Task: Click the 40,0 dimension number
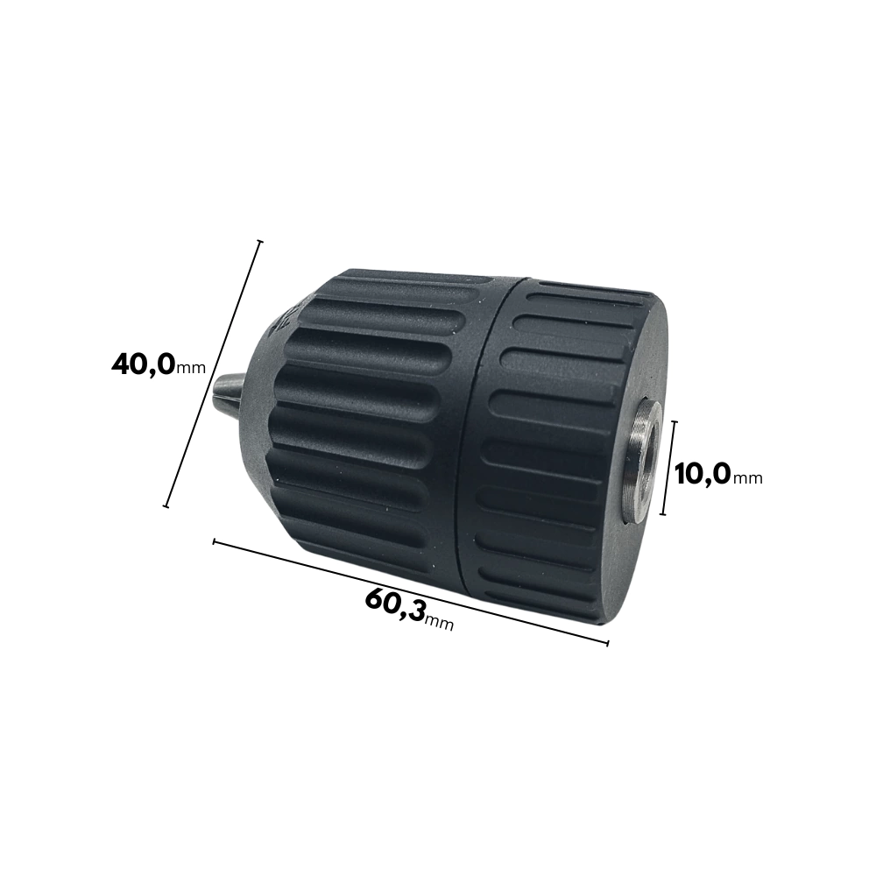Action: [x=144, y=364]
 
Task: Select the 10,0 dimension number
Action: [x=703, y=475]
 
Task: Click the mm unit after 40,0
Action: [x=190, y=368]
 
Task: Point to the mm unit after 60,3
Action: [x=439, y=622]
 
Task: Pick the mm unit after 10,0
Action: [x=747, y=478]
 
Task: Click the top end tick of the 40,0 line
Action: [x=259, y=242]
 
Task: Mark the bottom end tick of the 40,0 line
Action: [x=166, y=506]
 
